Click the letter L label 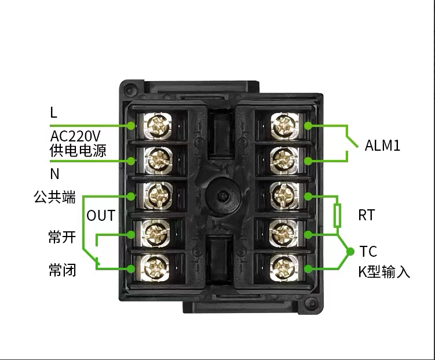click(x=54, y=113)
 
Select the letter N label click(x=54, y=173)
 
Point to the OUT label click(x=101, y=216)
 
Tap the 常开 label click(x=62, y=237)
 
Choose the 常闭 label click(x=62, y=270)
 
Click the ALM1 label click(x=382, y=146)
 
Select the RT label click(x=366, y=216)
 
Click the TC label click(x=368, y=252)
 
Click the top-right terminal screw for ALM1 click(x=283, y=125)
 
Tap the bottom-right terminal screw click(x=283, y=267)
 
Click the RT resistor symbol click(x=337, y=216)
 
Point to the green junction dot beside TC click(x=350, y=252)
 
